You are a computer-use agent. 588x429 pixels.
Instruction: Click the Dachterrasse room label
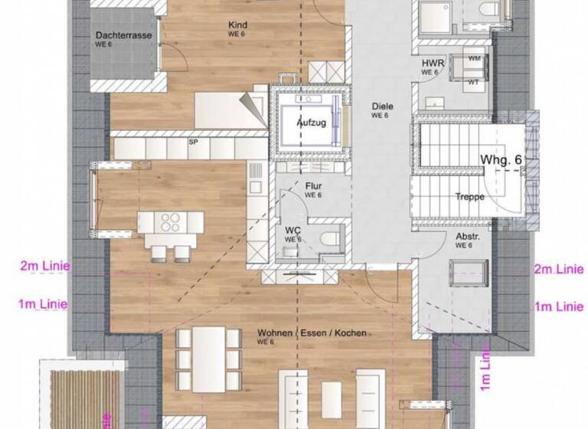(x=124, y=35)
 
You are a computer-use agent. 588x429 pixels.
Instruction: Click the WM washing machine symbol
(x=474, y=58)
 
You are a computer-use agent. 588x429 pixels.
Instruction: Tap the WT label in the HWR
(x=474, y=81)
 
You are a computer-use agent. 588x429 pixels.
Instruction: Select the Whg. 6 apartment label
(x=501, y=159)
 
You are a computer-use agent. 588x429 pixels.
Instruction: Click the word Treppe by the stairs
(x=469, y=197)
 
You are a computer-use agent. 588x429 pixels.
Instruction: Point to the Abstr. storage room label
(x=465, y=237)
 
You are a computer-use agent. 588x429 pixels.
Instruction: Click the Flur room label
(x=313, y=187)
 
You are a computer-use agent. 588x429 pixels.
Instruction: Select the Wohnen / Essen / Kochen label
(x=312, y=333)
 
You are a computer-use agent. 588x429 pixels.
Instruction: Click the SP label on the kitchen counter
(x=193, y=142)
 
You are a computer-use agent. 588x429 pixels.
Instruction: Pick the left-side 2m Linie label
(x=44, y=267)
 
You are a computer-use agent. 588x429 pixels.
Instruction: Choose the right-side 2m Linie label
(x=558, y=269)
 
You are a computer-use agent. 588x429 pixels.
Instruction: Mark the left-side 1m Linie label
(x=43, y=304)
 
